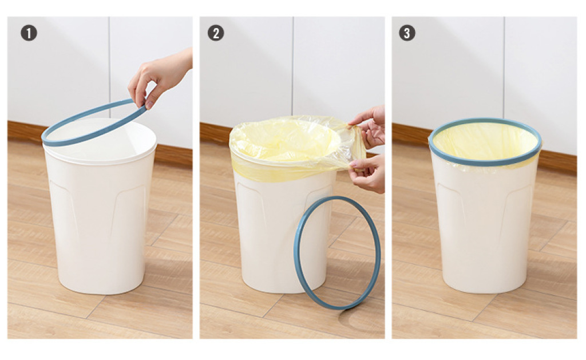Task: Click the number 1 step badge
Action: (x=29, y=33)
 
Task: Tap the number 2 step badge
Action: (x=216, y=33)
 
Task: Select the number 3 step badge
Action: (x=407, y=33)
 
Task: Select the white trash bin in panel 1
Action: (x=100, y=205)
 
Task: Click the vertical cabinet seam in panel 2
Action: (x=292, y=65)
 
